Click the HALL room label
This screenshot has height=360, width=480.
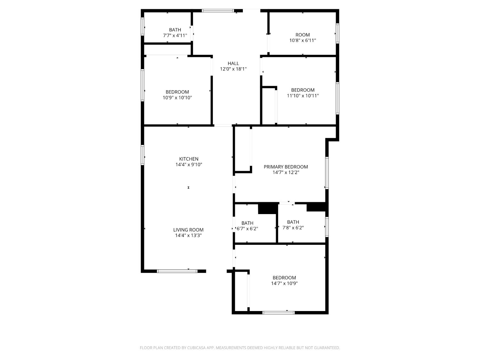click(x=233, y=63)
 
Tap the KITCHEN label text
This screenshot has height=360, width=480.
click(x=188, y=159)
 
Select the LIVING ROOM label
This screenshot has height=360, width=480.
click(x=188, y=230)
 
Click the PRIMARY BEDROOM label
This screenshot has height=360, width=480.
click(x=286, y=167)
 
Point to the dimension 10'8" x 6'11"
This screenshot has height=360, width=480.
click(x=303, y=41)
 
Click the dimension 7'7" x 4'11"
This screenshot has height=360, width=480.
click(x=175, y=36)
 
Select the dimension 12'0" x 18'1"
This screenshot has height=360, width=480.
click(x=233, y=69)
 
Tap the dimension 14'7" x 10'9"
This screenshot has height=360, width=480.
click(x=284, y=284)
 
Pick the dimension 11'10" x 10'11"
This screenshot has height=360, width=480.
click(x=303, y=96)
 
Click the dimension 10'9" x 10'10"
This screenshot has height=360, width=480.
click(x=177, y=98)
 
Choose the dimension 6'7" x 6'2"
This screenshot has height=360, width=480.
click(x=247, y=229)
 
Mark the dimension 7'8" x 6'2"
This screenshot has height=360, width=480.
click(x=293, y=228)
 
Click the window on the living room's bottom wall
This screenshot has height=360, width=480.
click(x=177, y=271)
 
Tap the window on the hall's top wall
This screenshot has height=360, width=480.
click(x=218, y=11)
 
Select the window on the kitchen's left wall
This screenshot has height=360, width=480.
click(x=143, y=155)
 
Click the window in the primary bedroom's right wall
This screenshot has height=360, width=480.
click(x=327, y=173)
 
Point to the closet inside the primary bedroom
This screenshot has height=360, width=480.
click(x=243, y=149)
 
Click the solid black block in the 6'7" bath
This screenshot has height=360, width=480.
click(x=267, y=209)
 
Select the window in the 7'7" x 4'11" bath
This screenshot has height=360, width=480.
click(x=143, y=26)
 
